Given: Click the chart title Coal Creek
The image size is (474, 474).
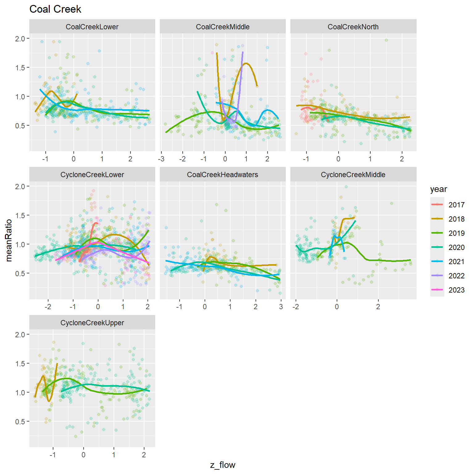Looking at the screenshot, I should point(55,9).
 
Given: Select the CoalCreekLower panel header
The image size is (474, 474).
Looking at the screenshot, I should point(92,27).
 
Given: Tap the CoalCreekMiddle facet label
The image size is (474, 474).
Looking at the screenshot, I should point(222,27).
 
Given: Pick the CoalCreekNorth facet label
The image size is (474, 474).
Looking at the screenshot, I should point(353,27).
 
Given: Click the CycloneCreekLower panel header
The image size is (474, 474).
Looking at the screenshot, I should point(92,175).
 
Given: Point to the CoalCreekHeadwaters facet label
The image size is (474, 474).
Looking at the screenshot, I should point(222,175).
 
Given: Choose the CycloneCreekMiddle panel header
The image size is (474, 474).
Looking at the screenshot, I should point(353,175).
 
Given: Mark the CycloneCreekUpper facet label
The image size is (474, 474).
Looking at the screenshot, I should point(92,323).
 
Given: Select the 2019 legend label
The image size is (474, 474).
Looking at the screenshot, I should point(456,233).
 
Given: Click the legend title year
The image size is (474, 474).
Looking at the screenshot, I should point(439,189).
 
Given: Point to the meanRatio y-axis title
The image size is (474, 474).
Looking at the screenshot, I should point(9,240).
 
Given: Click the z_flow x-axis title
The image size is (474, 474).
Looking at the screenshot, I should point(222,465).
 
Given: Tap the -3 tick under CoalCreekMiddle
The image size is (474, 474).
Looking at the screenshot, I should point(161,159).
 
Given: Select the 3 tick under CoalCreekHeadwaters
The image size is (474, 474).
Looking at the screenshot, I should point(281,307).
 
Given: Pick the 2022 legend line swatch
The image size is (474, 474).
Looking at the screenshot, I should point(437,276).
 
